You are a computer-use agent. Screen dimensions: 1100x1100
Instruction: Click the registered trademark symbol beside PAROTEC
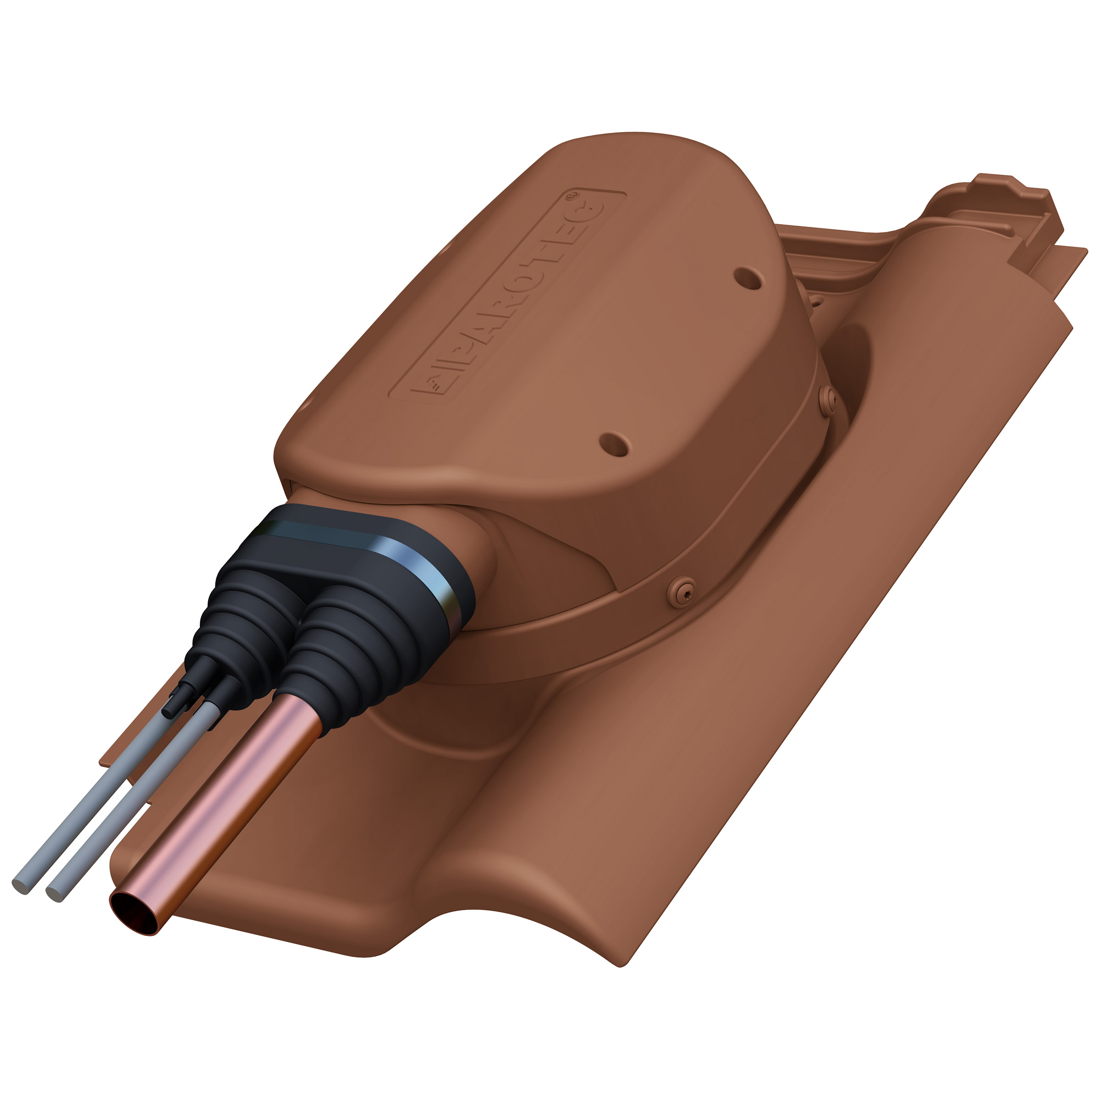point(570,195)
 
